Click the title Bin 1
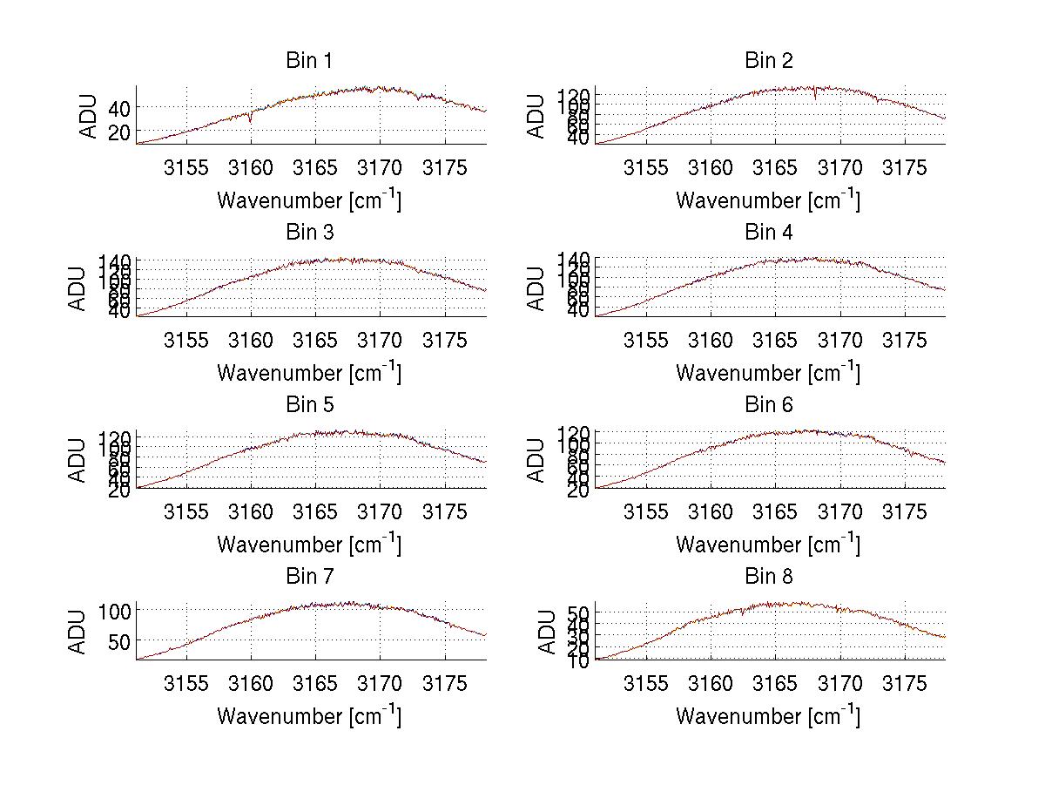(309, 61)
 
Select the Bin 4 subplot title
(769, 233)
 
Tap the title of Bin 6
(769, 404)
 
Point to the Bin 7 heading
(309, 576)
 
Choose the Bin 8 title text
(769, 576)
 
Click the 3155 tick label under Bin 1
(186, 167)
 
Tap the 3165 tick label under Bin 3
(315, 339)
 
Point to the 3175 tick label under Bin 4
(904, 339)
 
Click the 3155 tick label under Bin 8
(645, 682)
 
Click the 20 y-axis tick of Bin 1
(118, 132)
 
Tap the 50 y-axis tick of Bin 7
(118, 640)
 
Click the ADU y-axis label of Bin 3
(78, 288)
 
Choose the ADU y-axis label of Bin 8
(547, 632)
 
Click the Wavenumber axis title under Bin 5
(309, 544)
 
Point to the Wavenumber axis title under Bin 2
(768, 200)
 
